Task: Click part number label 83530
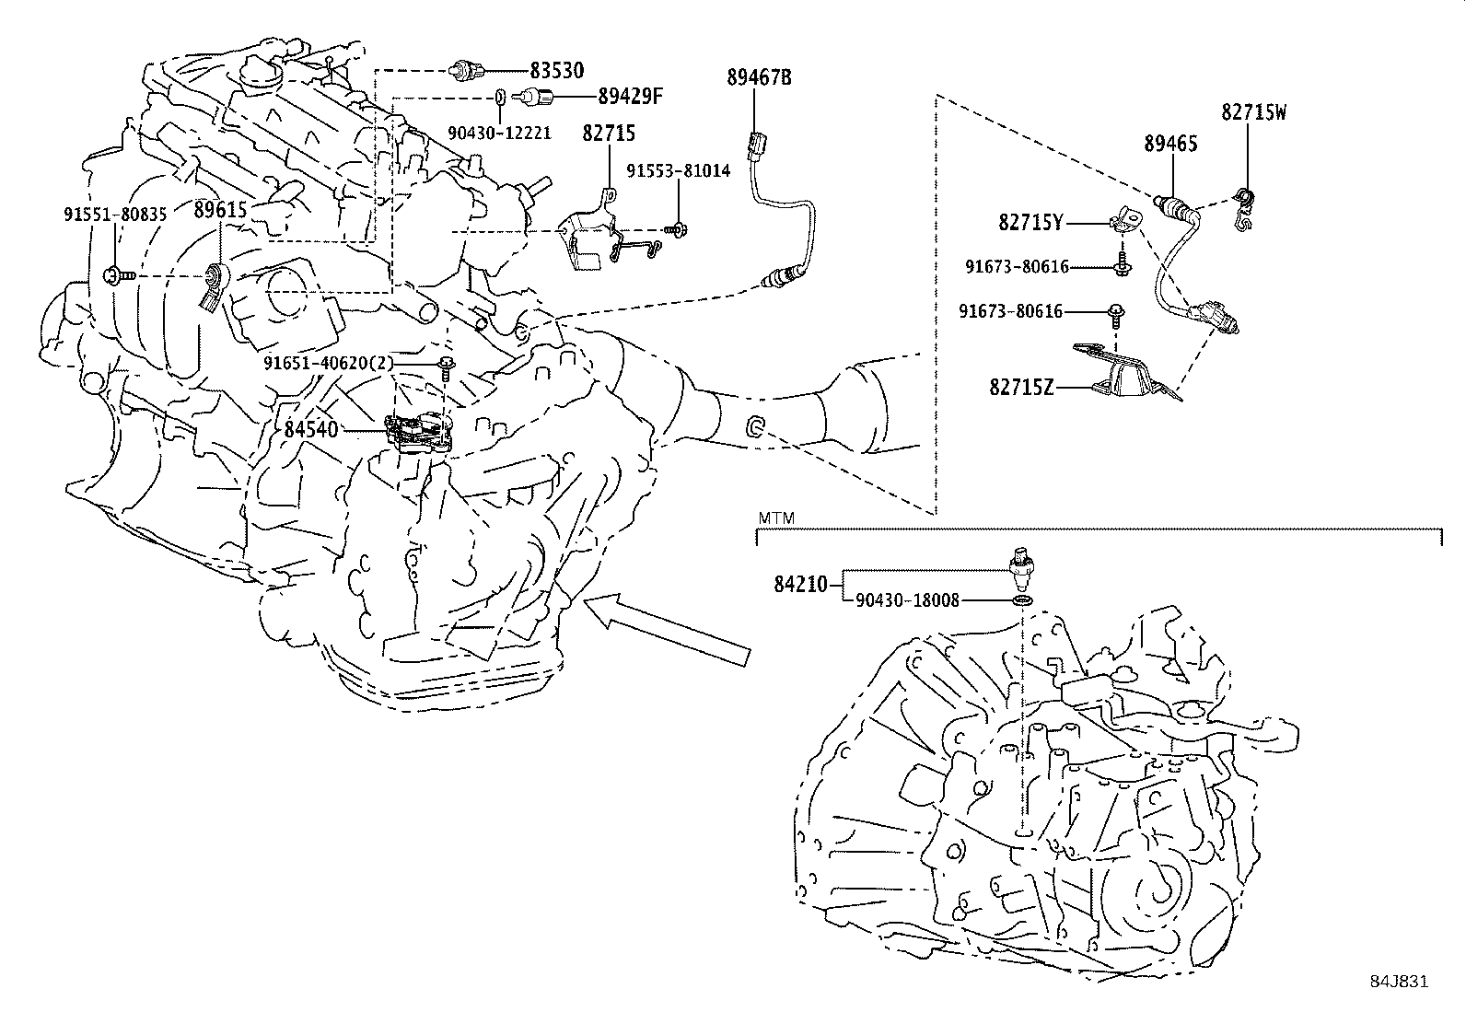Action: click(x=556, y=70)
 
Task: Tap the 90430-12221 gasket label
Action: click(x=499, y=133)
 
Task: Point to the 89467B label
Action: click(x=759, y=77)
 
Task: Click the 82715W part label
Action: click(x=1253, y=112)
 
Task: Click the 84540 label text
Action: click(x=311, y=429)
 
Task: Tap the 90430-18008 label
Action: click(x=907, y=600)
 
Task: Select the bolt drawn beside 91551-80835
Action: click(x=118, y=273)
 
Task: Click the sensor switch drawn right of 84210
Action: click(x=1021, y=570)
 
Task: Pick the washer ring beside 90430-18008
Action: click(x=1021, y=601)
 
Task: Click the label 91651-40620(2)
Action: click(x=328, y=363)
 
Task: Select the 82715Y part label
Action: click(x=1030, y=221)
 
